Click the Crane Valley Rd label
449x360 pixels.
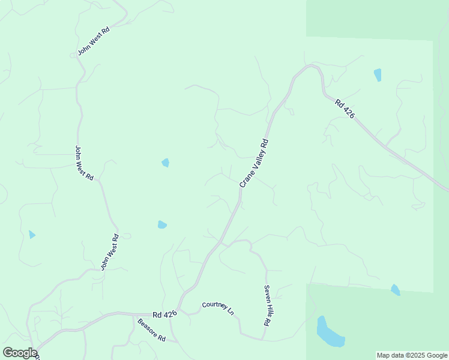[x=254, y=163]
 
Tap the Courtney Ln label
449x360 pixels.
[x=217, y=308]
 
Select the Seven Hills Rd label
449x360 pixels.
[x=267, y=305]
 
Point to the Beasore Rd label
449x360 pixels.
[x=151, y=330]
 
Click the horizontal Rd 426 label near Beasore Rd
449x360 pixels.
[x=164, y=314]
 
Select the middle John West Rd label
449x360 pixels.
[x=84, y=163]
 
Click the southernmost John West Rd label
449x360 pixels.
[x=109, y=252]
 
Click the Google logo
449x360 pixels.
[x=19, y=353]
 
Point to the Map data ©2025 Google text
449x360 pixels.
[x=412, y=355]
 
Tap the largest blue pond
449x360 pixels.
[x=330, y=332]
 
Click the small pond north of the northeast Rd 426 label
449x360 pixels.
[x=378, y=75]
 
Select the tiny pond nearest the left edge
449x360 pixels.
[x=32, y=234]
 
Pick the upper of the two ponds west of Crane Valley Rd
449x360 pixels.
[x=165, y=163]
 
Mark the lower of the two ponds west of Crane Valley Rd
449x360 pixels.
[x=161, y=224]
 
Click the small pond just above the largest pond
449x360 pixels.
[x=395, y=290]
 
